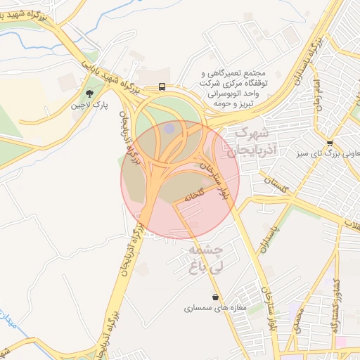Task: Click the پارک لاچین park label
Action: [89, 106]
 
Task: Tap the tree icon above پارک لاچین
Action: [89, 93]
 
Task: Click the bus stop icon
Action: [162, 87]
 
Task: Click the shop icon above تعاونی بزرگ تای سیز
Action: [330, 143]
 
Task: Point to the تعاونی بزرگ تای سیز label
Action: [330, 154]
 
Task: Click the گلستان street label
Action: [276, 186]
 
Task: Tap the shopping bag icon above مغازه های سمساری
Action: [214, 297]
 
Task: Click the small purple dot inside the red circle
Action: [169, 128]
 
